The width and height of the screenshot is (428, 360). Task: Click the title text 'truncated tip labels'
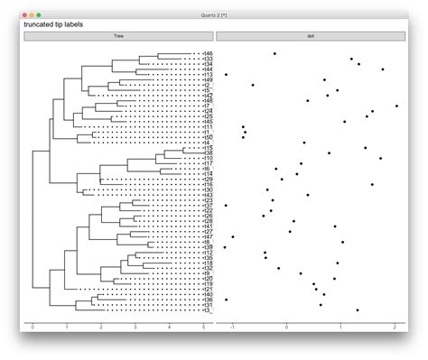coord(53,25)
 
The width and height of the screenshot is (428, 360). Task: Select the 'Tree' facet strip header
coord(118,36)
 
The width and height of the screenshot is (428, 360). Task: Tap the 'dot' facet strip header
coord(312,36)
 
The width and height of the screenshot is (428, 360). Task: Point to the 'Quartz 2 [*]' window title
coord(214,14)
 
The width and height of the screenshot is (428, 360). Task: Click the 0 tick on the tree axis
coord(33,328)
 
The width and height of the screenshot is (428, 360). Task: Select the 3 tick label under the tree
coord(135,328)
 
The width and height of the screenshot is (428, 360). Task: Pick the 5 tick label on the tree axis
coord(203,328)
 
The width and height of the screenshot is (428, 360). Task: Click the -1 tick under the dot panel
coord(232,328)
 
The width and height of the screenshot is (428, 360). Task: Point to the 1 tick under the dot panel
coord(341,328)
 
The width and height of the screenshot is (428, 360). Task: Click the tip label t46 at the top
coord(207,54)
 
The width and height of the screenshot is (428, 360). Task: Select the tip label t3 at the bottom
coord(205,310)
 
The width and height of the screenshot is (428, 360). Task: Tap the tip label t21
coord(207,289)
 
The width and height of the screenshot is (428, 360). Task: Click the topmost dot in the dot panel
coord(274,53)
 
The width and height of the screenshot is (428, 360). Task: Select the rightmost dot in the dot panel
coord(396,106)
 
